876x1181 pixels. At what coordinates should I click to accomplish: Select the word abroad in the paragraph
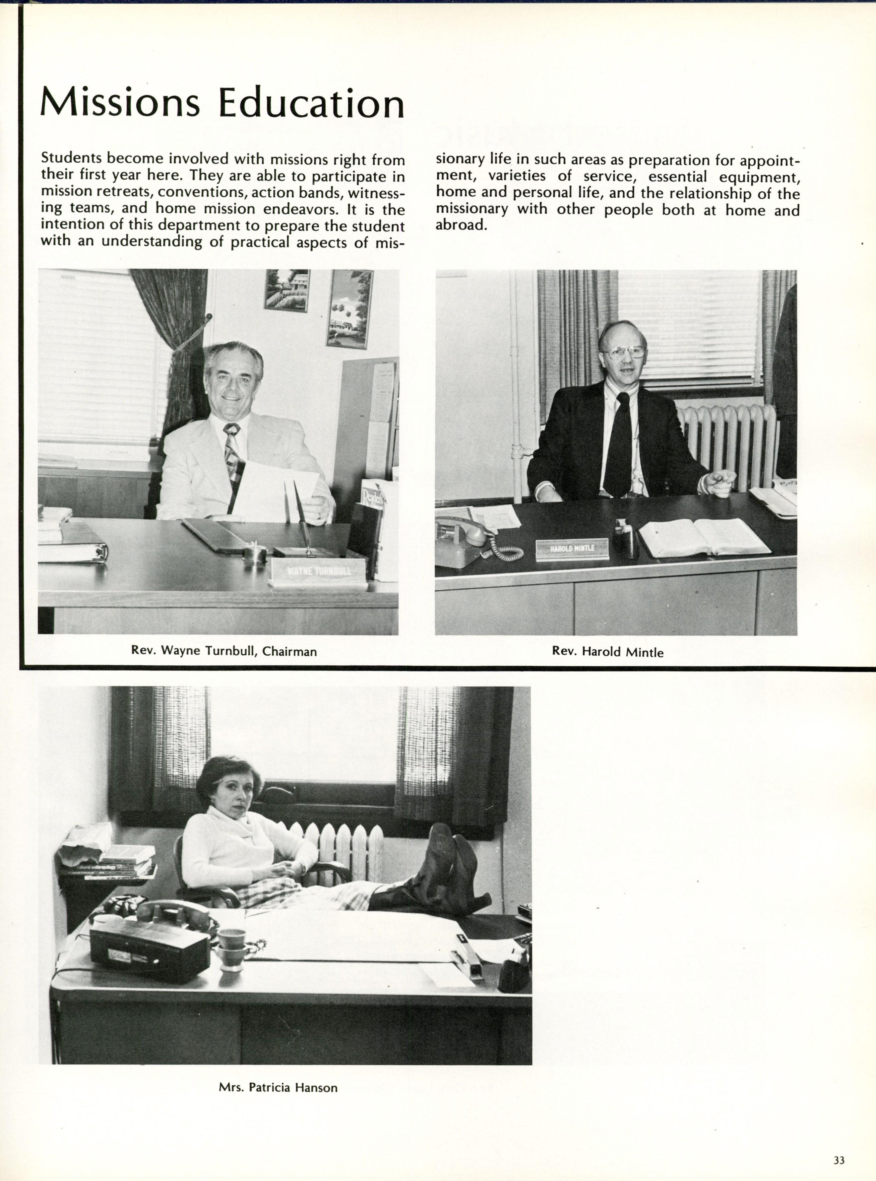[460, 225]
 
